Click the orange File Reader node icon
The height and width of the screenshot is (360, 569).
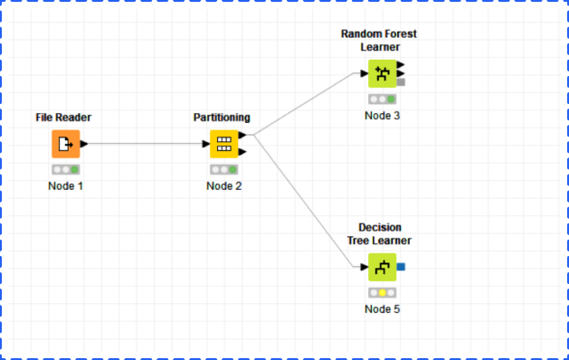click(66, 144)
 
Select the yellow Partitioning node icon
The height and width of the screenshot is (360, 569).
click(224, 144)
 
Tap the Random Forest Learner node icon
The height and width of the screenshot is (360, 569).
click(382, 73)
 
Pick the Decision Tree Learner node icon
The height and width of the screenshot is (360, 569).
click(382, 267)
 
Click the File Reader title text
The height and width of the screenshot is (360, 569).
click(63, 118)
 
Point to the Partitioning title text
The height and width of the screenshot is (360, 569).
click(222, 118)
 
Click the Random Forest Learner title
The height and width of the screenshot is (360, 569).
click(379, 41)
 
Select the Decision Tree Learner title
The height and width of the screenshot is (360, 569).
click(379, 233)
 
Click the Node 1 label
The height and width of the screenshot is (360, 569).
click(66, 186)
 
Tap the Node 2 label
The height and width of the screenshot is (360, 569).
click(224, 186)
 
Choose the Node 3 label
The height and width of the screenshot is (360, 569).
click(382, 116)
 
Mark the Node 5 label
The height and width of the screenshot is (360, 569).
click(382, 309)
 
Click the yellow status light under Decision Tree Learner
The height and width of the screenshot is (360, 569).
click(382, 292)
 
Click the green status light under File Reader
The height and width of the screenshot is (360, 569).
click(74, 169)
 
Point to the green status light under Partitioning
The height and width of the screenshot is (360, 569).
click(232, 169)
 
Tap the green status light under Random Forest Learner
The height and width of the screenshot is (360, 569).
click(391, 99)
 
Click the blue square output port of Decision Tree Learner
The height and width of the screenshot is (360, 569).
click(401, 267)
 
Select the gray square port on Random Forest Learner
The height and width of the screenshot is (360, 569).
click(401, 82)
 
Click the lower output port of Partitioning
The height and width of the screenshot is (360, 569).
click(242, 152)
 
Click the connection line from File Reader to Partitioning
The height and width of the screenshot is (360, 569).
click(145, 144)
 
